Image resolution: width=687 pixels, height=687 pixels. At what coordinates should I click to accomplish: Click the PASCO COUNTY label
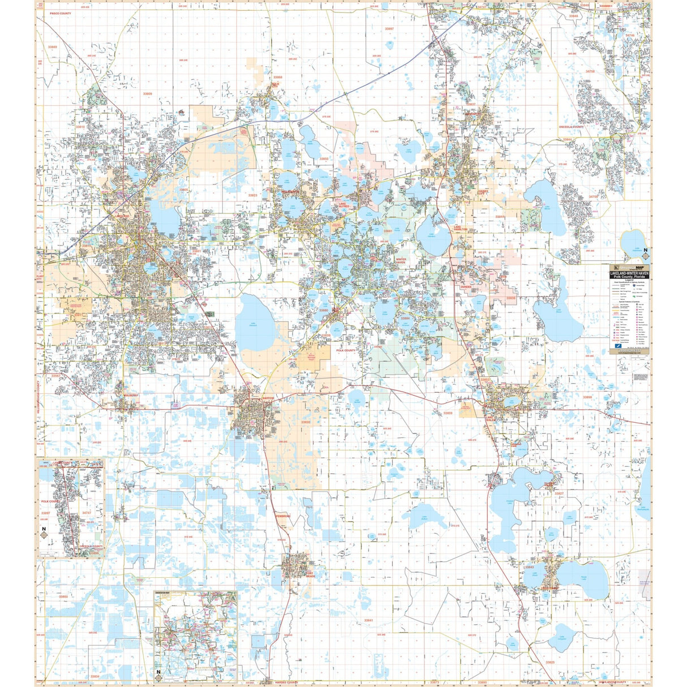[61, 13]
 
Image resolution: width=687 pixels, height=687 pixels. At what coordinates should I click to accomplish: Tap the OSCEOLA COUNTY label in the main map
[571, 127]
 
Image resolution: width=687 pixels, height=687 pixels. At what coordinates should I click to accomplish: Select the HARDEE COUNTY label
[285, 682]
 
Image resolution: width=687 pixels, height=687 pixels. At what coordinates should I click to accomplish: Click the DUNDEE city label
[466, 287]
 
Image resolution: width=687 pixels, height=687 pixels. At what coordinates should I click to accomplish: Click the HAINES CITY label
[483, 192]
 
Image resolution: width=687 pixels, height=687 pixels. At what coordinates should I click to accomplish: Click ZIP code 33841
[368, 620]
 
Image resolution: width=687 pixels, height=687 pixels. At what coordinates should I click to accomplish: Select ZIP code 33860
[63, 596]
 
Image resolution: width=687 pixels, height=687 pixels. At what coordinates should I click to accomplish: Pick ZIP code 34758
[590, 72]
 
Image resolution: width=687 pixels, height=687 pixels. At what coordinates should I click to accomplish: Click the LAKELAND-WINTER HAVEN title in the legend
[629, 273]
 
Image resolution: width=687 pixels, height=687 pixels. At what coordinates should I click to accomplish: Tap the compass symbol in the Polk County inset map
[44, 532]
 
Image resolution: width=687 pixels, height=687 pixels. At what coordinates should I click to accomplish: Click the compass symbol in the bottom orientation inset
[158, 673]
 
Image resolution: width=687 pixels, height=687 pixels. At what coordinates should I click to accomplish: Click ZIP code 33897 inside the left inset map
[46, 513]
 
